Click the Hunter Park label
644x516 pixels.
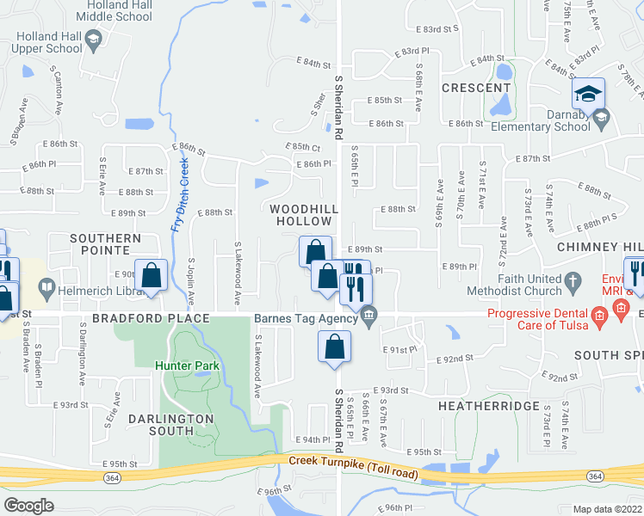(188, 365)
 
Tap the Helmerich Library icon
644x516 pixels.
(46, 286)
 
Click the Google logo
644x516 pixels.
(28, 506)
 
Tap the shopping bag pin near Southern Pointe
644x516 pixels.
(152, 276)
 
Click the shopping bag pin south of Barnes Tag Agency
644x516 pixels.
(335, 348)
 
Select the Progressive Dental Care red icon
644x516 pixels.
(602, 314)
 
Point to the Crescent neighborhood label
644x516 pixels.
(476, 89)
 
